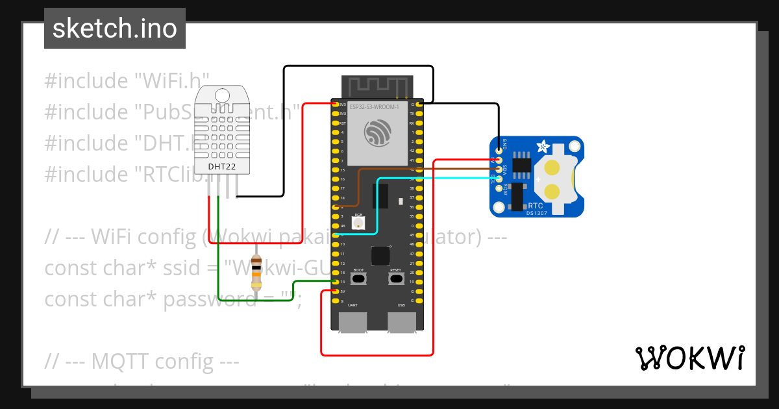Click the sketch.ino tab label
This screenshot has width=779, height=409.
(x=114, y=29)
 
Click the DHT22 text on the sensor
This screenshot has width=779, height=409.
(x=221, y=166)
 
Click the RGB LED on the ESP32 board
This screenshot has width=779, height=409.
(x=358, y=223)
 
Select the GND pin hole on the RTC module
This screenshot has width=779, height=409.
(x=499, y=150)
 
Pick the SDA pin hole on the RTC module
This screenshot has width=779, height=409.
(x=499, y=169)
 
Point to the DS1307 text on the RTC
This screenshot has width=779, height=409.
(x=536, y=211)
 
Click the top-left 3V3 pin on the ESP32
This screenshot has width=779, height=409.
(x=335, y=104)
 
